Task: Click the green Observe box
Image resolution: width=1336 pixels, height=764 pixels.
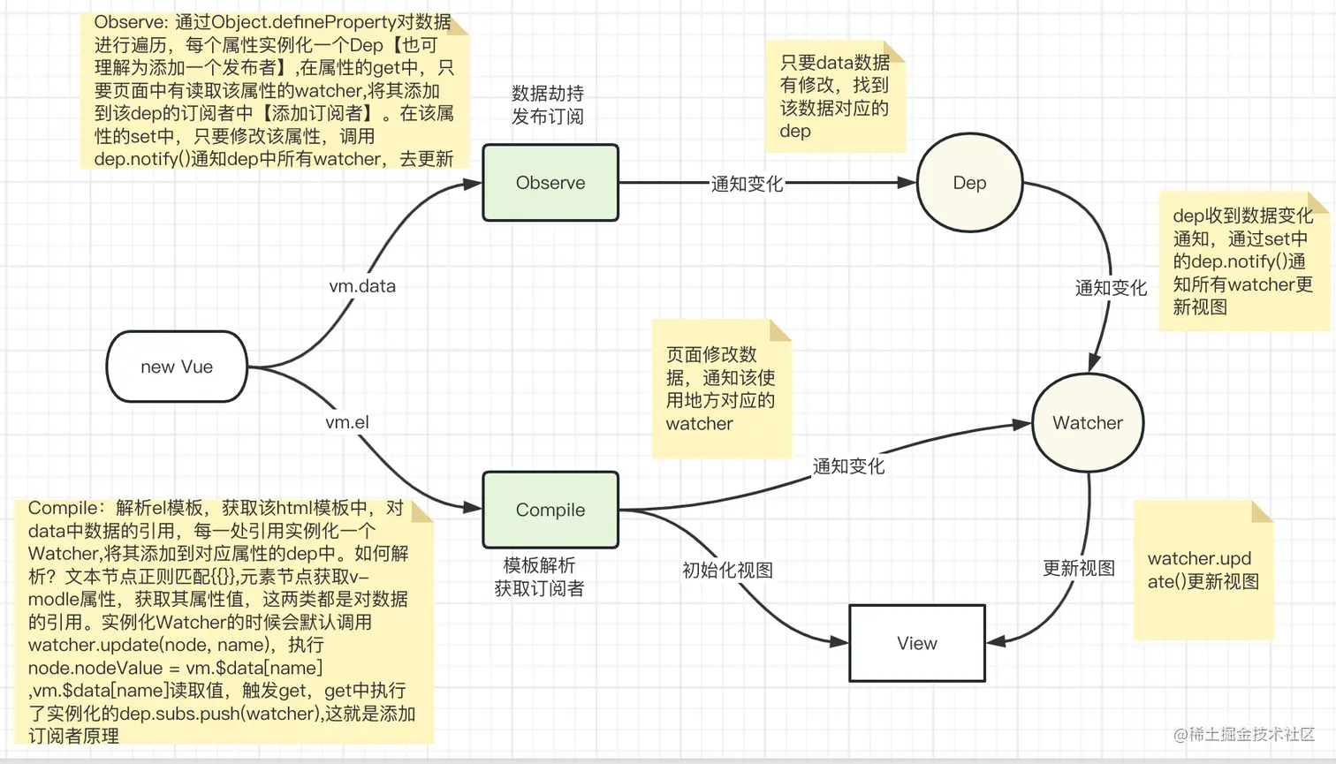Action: [x=550, y=183]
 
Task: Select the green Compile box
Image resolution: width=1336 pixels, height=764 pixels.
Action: [x=550, y=510]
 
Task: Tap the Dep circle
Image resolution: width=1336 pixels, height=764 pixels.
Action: [x=969, y=183]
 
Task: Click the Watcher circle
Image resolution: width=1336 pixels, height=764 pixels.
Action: [x=1088, y=423]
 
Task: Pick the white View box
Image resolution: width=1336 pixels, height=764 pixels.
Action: [x=916, y=643]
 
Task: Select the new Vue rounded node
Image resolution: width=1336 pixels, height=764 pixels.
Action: [x=177, y=367]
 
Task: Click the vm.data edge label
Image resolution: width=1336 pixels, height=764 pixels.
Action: [x=362, y=286]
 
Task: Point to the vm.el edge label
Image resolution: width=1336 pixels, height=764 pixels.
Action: [x=347, y=422]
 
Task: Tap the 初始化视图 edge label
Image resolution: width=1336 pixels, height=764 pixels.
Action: [x=727, y=570]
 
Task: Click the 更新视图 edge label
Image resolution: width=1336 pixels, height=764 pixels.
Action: [x=1078, y=568]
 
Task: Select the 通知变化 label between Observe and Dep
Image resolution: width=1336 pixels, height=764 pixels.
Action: [x=747, y=184]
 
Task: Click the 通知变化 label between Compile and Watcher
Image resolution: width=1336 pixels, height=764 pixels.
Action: [x=848, y=466]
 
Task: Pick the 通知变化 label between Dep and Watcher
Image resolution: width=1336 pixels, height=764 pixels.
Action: [x=1111, y=288]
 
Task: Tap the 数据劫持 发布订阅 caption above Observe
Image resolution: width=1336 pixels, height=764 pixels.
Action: [x=548, y=105]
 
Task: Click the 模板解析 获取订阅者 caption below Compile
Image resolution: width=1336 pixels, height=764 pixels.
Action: [x=539, y=577]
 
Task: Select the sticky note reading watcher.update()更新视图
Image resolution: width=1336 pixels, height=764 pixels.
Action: [x=1203, y=570]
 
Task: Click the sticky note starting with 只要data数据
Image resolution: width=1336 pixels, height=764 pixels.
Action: [x=835, y=97]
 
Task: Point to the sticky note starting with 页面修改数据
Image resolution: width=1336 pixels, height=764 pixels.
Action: [x=721, y=389]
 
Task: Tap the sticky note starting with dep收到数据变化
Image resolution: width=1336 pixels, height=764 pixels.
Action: [x=1242, y=261]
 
